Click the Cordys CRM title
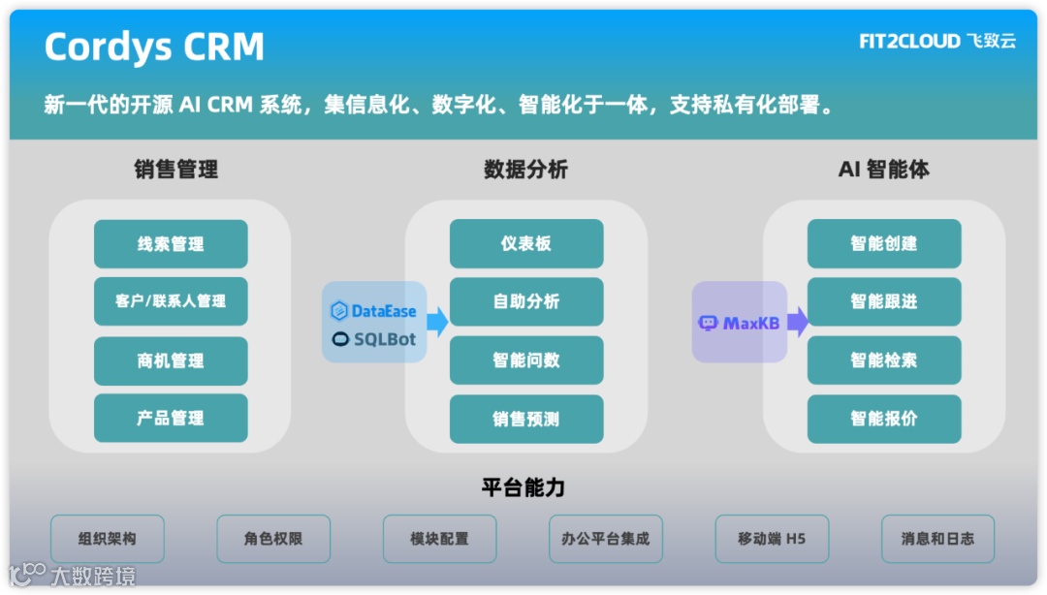[154, 47]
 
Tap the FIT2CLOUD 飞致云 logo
[936, 42]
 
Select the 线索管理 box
[171, 244]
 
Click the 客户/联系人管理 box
[171, 301]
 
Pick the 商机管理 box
[171, 360]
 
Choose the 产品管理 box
[171, 419]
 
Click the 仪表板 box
[526, 244]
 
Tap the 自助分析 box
[526, 301]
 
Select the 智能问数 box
[526, 360]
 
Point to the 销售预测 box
[526, 420]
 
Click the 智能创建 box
[884, 244]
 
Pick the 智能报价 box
[884, 420]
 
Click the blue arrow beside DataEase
[437, 322]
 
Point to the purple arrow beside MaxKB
[797, 322]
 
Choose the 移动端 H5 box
[772, 539]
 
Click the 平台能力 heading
[523, 486]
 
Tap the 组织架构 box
[108, 539]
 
